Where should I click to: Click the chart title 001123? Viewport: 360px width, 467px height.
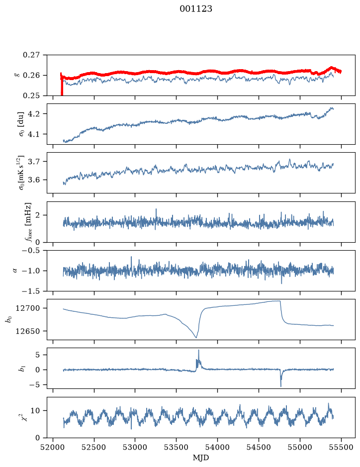(x=196, y=9)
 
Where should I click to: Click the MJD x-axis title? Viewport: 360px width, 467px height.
(x=201, y=458)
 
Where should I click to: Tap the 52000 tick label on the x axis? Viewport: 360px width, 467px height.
(x=53, y=447)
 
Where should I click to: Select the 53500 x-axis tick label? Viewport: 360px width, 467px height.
(x=177, y=447)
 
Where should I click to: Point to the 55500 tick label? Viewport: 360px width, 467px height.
(x=341, y=447)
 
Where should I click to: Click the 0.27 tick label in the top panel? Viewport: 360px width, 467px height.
(x=31, y=55)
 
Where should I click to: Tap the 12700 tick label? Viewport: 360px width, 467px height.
(x=28, y=308)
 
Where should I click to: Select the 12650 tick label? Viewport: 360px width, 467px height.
(x=28, y=331)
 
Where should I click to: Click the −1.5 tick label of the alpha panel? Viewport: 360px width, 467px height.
(x=31, y=291)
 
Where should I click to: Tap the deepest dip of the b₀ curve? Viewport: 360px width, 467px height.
(x=196, y=337)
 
